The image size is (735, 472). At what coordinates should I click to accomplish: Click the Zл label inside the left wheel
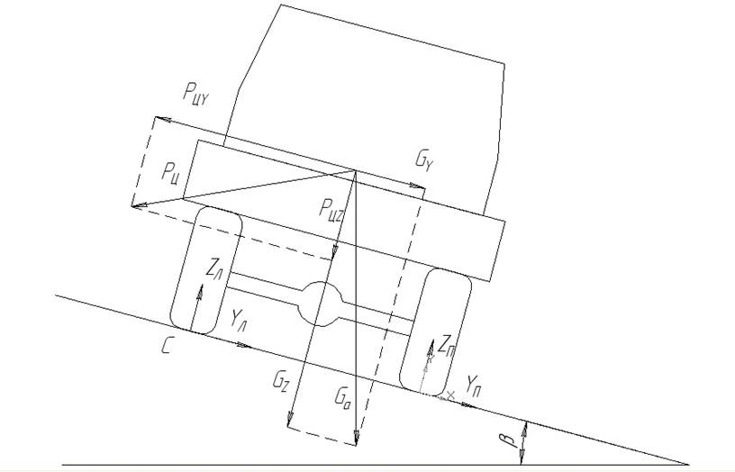[214, 268]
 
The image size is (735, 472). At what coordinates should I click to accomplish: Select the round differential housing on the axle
[321, 304]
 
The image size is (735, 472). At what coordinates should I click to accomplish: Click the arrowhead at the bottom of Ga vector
[357, 440]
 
